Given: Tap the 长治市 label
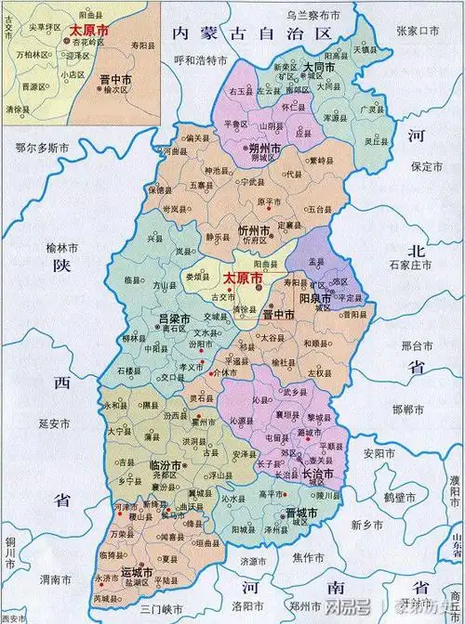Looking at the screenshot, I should tap(316, 474).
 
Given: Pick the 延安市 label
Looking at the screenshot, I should tap(33, 423).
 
